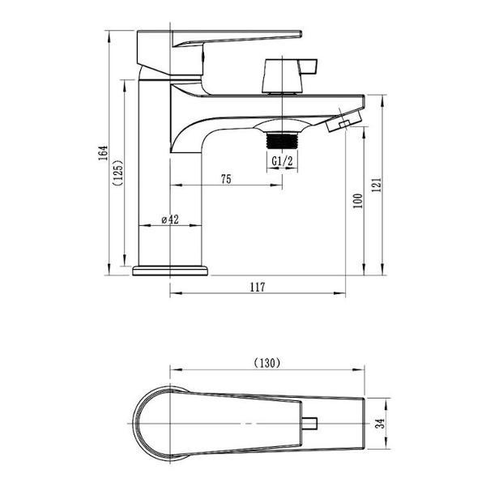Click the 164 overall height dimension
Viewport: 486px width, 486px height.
[103, 152]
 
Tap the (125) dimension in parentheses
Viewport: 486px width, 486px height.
[118, 173]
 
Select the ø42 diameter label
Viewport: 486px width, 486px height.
[170, 220]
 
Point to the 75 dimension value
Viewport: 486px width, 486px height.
[226, 179]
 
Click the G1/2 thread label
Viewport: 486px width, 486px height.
[282, 161]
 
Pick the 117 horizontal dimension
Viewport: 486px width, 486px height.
[258, 287]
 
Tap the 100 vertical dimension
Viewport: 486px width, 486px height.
[358, 201]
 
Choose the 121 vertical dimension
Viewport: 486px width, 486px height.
[377, 185]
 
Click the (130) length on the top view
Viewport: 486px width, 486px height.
[266, 363]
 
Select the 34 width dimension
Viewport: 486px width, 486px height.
[380, 423]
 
